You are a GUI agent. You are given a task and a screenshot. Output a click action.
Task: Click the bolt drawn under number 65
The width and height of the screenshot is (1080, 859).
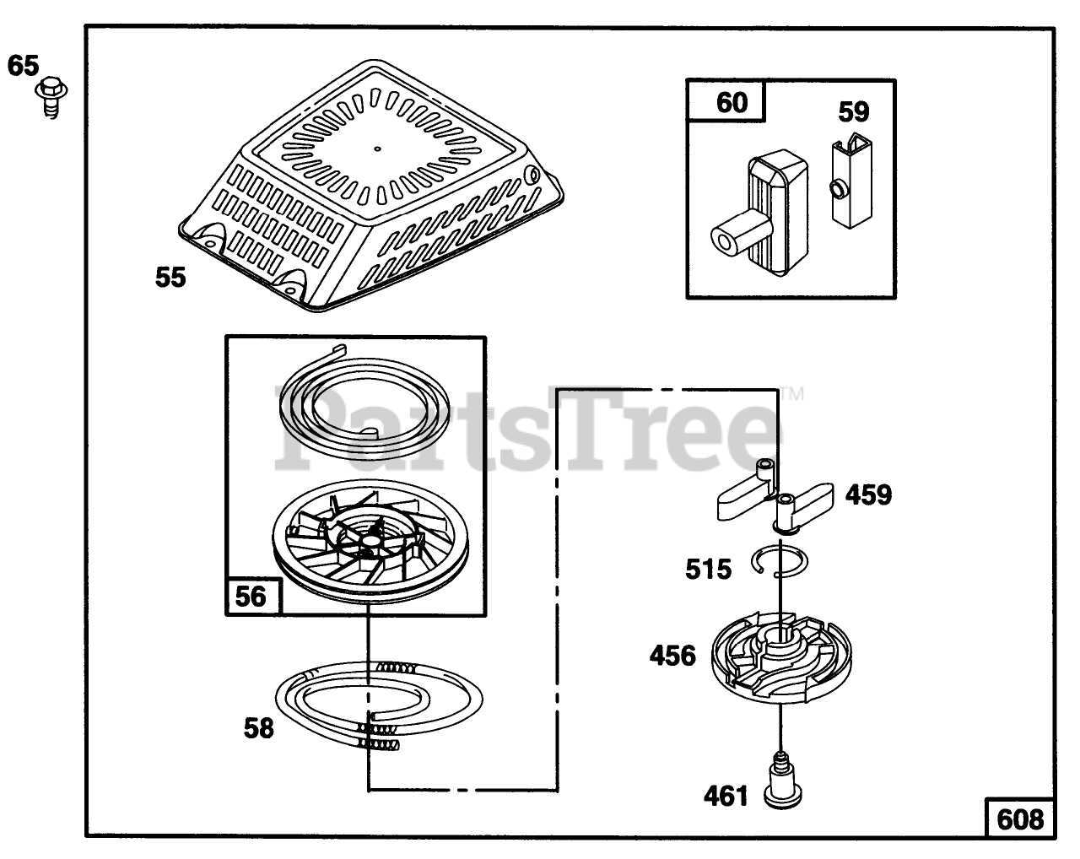[x=51, y=98]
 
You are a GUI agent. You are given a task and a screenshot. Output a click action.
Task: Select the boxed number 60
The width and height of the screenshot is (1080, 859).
[x=731, y=102]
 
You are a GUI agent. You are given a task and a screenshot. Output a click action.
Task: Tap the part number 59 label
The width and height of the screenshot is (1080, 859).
[x=853, y=111]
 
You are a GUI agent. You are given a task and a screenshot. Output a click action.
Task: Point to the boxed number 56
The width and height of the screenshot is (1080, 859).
[x=250, y=597]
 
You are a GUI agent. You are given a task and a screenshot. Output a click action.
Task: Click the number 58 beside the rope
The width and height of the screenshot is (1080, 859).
[x=259, y=727]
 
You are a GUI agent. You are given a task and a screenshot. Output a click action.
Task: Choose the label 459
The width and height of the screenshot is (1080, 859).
[x=868, y=494]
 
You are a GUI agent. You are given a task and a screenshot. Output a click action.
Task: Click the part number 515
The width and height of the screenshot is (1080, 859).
[x=708, y=570]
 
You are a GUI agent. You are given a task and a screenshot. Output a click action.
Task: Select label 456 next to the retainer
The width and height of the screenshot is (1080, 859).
[x=672, y=655]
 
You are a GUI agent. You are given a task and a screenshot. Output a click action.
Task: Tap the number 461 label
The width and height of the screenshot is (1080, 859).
[x=726, y=795]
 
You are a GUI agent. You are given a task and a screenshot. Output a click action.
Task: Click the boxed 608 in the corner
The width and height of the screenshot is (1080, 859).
[x=1020, y=818]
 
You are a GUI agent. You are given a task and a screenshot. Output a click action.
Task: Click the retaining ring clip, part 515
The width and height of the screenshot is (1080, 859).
[x=780, y=560]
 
